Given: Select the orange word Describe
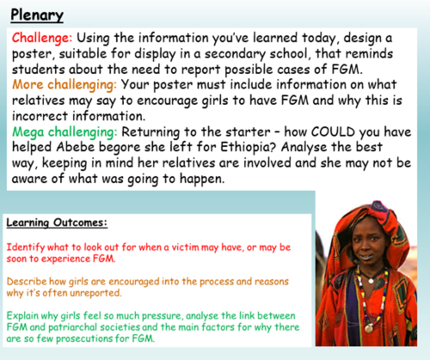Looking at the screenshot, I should pos(29,280).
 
